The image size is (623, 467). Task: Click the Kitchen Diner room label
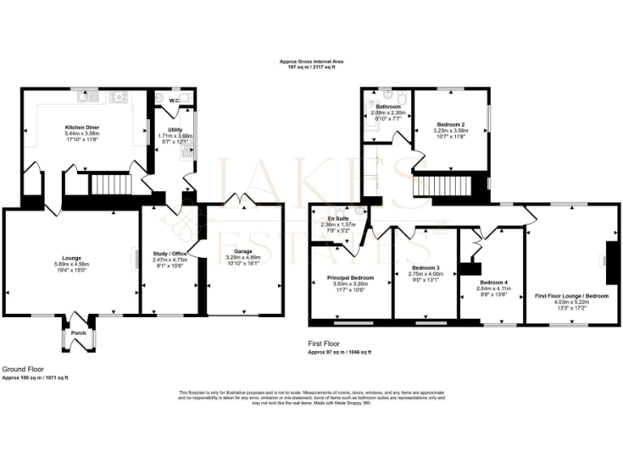(x=81, y=127)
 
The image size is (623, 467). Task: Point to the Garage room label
(x=243, y=230)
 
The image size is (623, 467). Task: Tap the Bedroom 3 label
(x=425, y=268)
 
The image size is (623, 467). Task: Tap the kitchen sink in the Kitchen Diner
(x=88, y=98)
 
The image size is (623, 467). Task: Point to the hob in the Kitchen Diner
(x=118, y=98)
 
